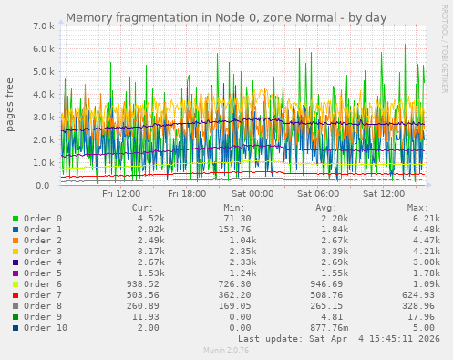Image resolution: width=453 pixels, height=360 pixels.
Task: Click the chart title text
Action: click(x=226, y=17)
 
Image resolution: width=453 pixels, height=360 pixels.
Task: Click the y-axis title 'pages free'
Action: click(x=11, y=105)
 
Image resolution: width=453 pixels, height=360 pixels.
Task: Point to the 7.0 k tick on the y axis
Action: click(x=42, y=26)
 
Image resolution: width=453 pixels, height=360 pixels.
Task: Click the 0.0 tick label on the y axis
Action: click(x=42, y=186)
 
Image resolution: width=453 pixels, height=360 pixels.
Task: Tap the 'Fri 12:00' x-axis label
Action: click(x=121, y=193)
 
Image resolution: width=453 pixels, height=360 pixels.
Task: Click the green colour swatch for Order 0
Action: click(x=15, y=219)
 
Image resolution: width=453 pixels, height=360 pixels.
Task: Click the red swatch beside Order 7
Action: click(x=15, y=295)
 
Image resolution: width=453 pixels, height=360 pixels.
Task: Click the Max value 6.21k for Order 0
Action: click(x=425, y=219)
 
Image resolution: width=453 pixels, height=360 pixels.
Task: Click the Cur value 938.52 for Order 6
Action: click(x=146, y=284)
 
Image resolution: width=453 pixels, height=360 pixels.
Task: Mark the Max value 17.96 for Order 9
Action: click(x=425, y=317)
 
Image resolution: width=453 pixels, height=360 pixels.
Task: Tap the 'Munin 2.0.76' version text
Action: click(x=225, y=350)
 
